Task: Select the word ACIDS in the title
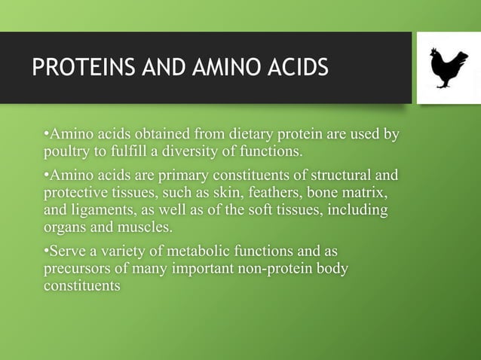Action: point(296,67)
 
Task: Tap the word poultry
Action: point(66,153)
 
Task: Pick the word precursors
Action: point(77,268)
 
